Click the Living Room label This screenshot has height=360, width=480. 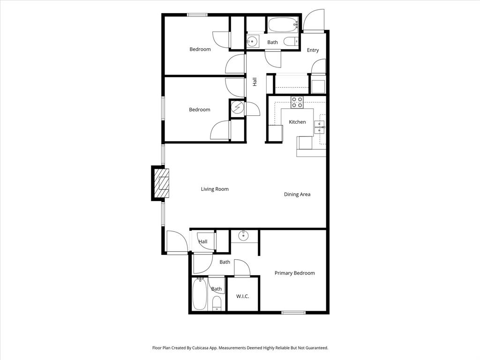[215, 189]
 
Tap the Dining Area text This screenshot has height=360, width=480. [297, 195]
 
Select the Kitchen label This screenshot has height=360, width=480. [297, 122]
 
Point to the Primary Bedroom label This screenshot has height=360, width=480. [294, 273]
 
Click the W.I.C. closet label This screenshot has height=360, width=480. [242, 296]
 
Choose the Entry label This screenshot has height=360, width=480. [313, 50]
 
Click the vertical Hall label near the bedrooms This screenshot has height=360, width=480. [255, 82]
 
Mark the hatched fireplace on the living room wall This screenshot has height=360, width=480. [161, 183]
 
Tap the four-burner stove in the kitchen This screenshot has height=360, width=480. [297, 102]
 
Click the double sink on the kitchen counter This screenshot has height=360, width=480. [320, 124]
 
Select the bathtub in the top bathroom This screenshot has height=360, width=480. [283, 24]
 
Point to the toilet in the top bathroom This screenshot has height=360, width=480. [291, 41]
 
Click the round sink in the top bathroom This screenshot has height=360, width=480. [253, 41]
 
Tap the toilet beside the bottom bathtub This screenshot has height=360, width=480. [217, 303]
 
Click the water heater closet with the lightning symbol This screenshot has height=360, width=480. [238, 108]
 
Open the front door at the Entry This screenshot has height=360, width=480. [314, 21]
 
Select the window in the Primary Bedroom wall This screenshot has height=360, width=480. [293, 313]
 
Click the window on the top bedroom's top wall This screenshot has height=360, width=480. [197, 15]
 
